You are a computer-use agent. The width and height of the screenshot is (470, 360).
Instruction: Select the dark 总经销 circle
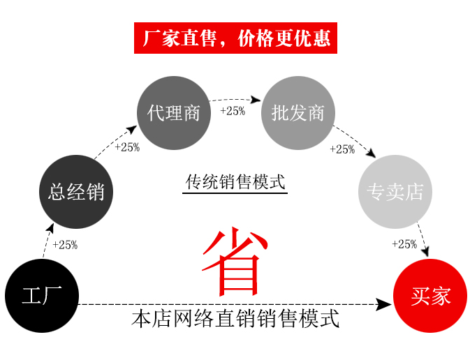click(x=75, y=192)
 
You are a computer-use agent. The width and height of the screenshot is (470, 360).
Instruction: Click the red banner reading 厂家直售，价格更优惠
click(x=236, y=38)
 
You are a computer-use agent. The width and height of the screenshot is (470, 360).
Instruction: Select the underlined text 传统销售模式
click(x=235, y=182)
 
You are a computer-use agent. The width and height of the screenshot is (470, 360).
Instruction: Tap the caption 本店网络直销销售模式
click(x=235, y=320)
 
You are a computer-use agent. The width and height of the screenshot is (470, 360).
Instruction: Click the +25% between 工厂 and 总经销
click(x=65, y=245)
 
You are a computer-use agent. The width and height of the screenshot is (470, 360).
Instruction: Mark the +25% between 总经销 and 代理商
click(x=127, y=147)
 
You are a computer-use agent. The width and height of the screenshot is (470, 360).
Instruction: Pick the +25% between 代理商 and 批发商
click(x=233, y=111)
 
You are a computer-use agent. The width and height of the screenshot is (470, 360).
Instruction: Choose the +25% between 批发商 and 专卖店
click(x=342, y=149)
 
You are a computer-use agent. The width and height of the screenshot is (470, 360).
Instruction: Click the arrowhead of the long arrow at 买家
click(x=383, y=304)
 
